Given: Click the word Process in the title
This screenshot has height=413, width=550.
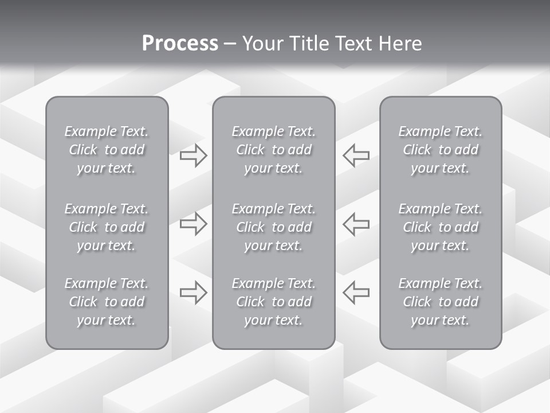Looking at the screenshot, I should tap(180, 44).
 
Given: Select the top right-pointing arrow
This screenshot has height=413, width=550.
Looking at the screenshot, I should tap(194, 155).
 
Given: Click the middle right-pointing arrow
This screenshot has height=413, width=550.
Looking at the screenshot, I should tap(194, 224).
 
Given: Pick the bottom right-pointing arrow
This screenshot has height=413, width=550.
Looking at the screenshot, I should tap(194, 293).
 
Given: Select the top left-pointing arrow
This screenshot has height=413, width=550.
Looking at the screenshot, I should tap(356, 155).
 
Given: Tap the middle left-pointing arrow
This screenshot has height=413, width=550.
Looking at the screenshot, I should tap(356, 224).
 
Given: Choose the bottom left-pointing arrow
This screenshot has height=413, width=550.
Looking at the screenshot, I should tap(356, 293).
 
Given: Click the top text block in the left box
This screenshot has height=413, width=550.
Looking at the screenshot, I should tap(107, 150).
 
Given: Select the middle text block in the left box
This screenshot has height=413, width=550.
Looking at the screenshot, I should tap(107, 227).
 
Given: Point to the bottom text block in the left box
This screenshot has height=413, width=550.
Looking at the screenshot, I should tap(107, 302).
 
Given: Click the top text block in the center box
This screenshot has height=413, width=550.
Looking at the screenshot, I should tap(274, 150).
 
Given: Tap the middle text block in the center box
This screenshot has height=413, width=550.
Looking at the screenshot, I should tap(274, 227).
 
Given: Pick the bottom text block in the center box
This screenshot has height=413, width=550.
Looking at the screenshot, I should tap(274, 302).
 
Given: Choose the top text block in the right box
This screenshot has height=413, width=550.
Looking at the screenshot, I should tap(441, 150).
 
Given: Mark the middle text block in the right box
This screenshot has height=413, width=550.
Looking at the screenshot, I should tap(441, 227).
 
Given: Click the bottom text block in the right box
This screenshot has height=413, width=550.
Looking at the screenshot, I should tap(441, 302).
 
